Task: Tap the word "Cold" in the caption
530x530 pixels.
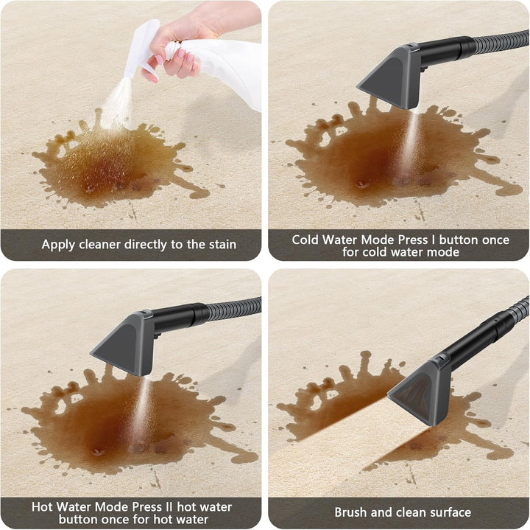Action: [305, 240]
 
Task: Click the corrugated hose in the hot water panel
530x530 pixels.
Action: [234, 309]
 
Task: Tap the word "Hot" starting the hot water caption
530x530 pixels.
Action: [42, 507]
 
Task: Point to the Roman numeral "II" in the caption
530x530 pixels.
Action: [169, 507]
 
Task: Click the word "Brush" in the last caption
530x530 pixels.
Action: [351, 512]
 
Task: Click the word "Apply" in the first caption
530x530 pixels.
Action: [58, 244]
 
